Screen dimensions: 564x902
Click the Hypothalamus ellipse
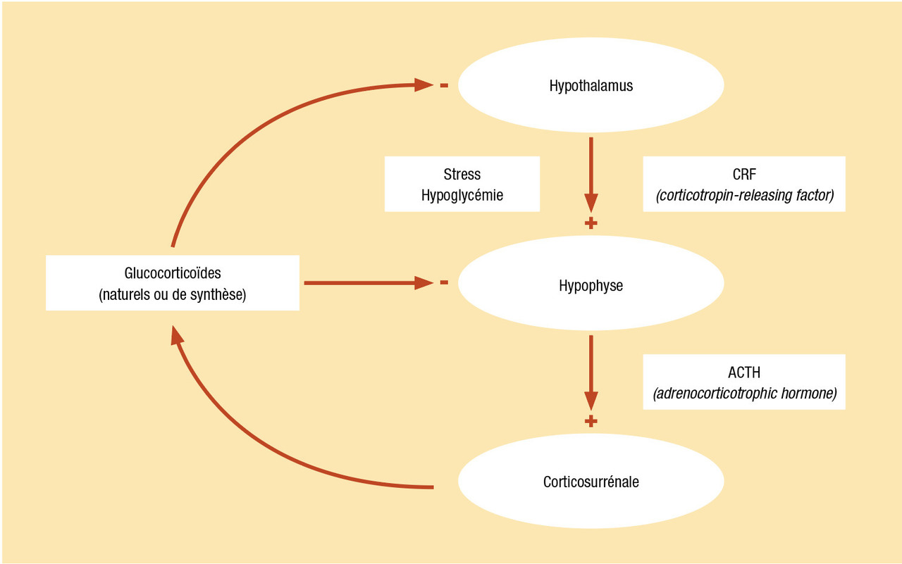591,86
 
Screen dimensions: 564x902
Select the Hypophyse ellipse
591,286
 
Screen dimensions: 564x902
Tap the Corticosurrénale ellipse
591,482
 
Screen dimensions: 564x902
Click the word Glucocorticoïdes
173,272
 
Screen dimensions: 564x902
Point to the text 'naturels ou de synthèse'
173,294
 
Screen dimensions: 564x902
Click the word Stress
462,174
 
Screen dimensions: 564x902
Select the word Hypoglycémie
462,196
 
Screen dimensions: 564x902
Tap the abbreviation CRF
743,174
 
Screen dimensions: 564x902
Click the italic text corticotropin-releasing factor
744,196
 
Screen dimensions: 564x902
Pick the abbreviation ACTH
743,372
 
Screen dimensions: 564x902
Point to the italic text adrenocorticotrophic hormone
744,394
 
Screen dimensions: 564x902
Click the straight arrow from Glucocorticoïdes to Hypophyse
366,283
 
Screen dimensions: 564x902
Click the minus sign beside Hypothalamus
444,86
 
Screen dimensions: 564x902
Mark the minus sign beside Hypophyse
444,283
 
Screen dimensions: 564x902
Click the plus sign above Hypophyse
591,223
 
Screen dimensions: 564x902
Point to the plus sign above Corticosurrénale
591,421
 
